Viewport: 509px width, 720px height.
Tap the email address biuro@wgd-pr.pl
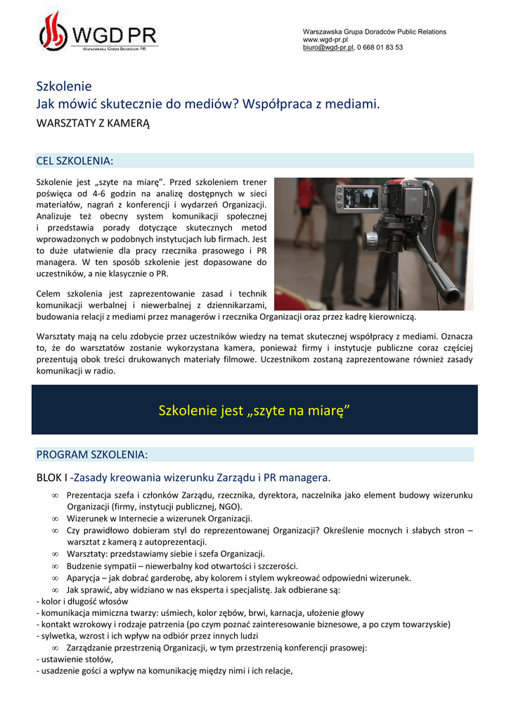[328, 47]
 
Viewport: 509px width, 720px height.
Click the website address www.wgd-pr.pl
[321, 39]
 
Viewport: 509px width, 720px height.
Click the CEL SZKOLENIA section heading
[74, 160]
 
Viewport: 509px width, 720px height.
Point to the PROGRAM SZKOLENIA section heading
[92, 454]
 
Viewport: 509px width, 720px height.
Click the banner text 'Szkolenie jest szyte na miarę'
[254, 410]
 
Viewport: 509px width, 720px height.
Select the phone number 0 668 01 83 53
[380, 47]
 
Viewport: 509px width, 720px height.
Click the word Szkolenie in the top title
[64, 86]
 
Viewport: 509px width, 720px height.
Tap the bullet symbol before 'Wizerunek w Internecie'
[55, 518]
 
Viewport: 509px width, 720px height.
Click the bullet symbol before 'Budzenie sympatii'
[55, 566]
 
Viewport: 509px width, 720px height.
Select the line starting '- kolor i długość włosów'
[82, 602]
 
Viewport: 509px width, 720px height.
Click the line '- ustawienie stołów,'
[75, 660]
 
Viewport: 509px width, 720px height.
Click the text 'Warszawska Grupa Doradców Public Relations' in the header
[374, 32]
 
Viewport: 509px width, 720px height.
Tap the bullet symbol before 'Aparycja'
[55, 578]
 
